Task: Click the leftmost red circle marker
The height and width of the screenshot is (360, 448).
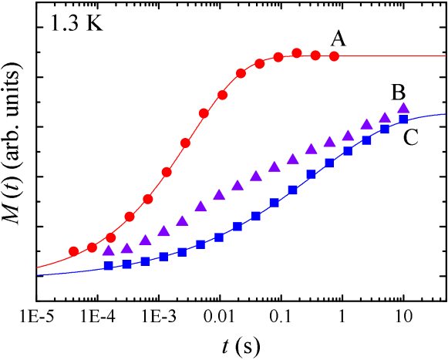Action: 74,251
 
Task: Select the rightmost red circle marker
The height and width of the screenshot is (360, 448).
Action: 334,56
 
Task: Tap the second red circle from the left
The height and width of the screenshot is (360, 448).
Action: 93,247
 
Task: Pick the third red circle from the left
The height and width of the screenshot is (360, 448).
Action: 111,237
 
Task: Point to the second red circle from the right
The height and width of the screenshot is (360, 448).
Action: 315,56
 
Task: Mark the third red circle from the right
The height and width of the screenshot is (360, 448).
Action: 297,53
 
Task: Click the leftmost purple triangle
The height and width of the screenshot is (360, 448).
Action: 109,251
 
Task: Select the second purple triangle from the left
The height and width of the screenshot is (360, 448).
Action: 127,248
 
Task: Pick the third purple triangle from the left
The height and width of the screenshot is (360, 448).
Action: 146,240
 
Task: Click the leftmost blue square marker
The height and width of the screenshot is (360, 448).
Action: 109,266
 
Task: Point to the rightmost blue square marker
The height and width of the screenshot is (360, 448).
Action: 403,119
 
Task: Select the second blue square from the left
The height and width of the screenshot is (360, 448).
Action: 127,264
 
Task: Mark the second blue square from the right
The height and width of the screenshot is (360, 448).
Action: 385,130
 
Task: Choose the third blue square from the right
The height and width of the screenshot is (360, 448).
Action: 366,140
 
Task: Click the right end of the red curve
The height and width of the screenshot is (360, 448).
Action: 446,56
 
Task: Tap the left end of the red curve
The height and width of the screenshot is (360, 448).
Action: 37,267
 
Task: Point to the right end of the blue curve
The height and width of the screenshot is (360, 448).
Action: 446,114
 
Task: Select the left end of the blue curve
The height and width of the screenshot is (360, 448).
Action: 37,274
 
